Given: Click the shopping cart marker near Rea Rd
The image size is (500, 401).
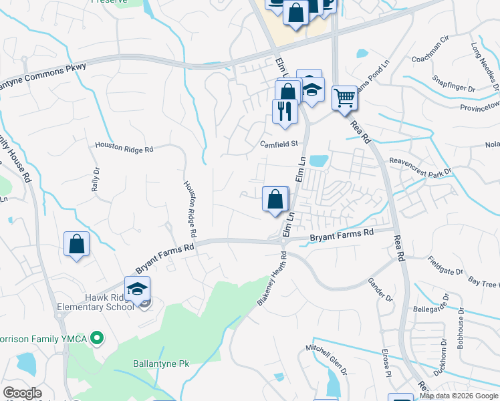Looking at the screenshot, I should pyautogui.click(x=344, y=98).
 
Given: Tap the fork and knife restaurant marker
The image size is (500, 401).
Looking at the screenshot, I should pyautogui.click(x=285, y=112).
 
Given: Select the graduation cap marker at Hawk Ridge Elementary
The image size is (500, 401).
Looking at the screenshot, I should pyautogui.click(x=137, y=289).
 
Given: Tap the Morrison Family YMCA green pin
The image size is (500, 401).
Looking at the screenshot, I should pyautogui.click(x=97, y=338).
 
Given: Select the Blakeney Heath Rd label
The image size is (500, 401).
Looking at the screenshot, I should pyautogui.click(x=272, y=280).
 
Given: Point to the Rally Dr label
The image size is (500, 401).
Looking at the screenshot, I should pyautogui.click(x=96, y=180).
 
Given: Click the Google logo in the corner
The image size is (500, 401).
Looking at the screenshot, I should pyautogui.click(x=23, y=392).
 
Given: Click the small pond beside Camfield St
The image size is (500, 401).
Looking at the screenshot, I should pyautogui.click(x=319, y=161).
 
